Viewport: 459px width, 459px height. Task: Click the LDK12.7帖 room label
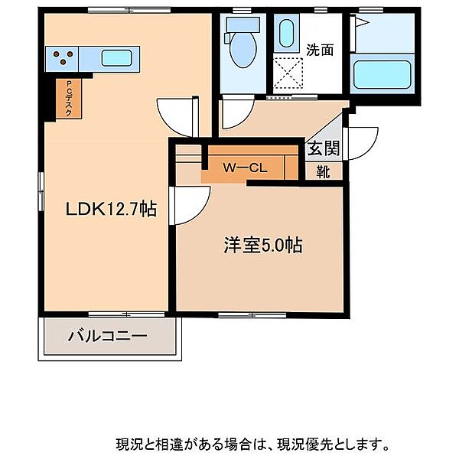111,209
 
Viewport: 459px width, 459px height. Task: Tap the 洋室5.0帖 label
263,245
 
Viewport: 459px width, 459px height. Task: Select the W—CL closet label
245,168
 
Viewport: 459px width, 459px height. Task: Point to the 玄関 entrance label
324,148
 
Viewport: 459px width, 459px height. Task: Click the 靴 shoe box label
323,171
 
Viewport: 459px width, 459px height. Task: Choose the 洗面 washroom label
320,50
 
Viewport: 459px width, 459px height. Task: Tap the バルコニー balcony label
107,336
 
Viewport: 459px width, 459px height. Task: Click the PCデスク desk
69,99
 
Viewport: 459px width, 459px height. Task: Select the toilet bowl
243,50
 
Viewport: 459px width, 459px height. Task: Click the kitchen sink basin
116,58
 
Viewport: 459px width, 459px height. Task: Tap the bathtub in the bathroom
382,75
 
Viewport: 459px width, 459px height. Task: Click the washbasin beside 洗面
286,33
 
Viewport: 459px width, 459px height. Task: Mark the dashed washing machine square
288,73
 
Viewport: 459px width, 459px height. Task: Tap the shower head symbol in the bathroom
362,22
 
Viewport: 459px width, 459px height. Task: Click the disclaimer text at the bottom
252,444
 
